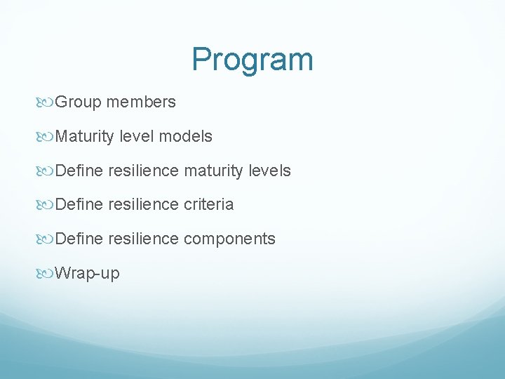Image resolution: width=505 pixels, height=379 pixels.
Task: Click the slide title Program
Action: (x=252, y=60)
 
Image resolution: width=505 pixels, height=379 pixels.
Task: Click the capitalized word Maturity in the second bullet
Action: (x=84, y=137)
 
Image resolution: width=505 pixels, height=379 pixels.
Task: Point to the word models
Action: (x=185, y=137)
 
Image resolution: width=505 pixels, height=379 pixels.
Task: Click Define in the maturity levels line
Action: (x=79, y=171)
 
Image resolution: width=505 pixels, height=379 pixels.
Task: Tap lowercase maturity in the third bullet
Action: (x=215, y=171)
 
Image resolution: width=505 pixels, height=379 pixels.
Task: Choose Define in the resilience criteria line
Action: (x=79, y=205)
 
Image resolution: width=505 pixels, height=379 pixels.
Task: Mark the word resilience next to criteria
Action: (x=143, y=205)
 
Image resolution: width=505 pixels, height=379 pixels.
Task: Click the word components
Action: (x=229, y=239)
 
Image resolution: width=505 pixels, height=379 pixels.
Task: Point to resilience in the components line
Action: (x=143, y=239)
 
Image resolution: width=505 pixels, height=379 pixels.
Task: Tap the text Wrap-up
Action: (x=87, y=274)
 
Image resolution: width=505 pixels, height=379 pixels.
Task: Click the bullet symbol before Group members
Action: (x=46, y=103)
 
